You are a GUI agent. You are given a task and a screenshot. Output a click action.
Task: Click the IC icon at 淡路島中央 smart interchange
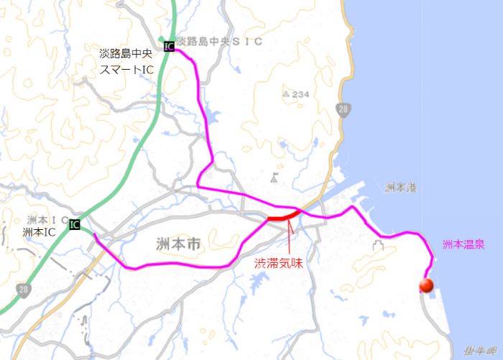click(168, 47)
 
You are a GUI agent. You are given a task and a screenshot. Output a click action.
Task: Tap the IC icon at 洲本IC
click(74, 224)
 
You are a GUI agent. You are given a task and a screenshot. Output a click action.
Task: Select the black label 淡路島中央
click(126, 53)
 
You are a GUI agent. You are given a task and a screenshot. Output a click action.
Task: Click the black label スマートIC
click(126, 69)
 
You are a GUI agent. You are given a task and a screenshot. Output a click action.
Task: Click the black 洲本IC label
click(39, 231)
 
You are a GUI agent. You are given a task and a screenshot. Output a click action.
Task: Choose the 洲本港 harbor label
click(400, 188)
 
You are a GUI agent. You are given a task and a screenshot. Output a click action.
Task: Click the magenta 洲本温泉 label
click(463, 245)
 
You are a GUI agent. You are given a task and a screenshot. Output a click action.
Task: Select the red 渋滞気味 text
click(278, 264)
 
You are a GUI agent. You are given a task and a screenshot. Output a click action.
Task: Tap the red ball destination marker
click(426, 286)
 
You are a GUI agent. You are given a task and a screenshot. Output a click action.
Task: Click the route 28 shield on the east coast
click(343, 110)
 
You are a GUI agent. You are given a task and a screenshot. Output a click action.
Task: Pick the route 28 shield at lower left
click(24, 289)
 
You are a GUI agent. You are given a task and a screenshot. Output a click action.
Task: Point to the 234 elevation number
click(300, 94)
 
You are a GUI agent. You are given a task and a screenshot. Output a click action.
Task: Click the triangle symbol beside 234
click(286, 94)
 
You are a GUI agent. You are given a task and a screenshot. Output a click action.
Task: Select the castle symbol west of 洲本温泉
click(377, 246)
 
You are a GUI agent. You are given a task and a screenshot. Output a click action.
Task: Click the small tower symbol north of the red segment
click(274, 177)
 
